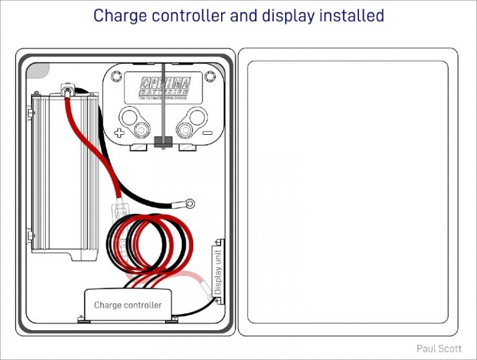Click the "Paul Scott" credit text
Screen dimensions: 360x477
(x=439, y=349)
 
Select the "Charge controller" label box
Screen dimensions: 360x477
(x=128, y=305)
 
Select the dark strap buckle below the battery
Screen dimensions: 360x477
(x=163, y=142)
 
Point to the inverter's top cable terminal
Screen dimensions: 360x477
(x=67, y=91)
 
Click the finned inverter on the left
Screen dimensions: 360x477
(x=62, y=174)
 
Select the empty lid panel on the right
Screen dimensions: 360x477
(x=348, y=192)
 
